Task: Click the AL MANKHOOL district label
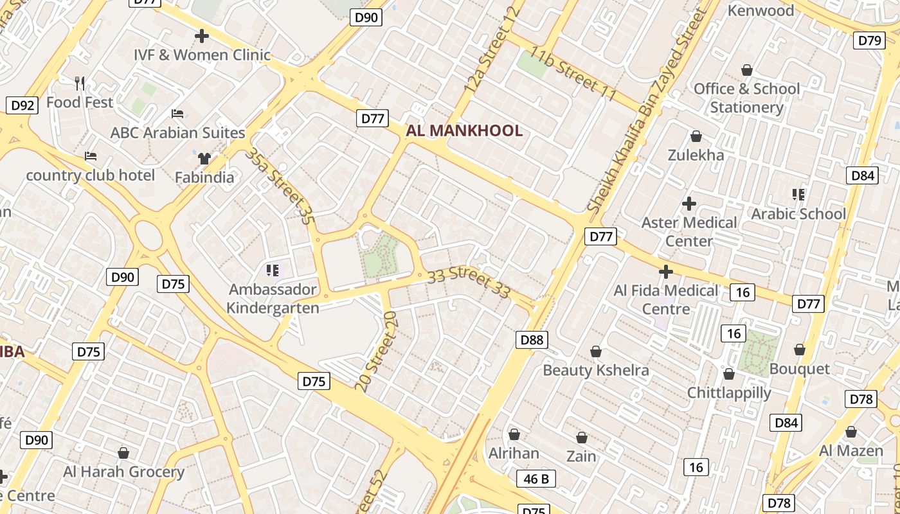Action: pos(464,131)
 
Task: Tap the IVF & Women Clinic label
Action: pos(202,55)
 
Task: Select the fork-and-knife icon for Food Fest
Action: pos(80,84)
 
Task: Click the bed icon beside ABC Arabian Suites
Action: pos(177,114)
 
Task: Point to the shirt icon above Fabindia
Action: pos(204,159)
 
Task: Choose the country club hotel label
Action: pos(90,175)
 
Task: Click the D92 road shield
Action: pos(22,105)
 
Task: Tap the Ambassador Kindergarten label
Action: pos(273,299)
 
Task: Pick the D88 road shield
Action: pos(532,340)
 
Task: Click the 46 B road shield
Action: pos(536,479)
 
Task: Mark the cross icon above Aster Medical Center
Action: pos(689,204)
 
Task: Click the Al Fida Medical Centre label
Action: pos(666,299)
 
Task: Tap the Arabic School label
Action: pos(798,213)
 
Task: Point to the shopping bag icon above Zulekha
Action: pos(696,136)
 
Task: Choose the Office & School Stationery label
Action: pos(747,98)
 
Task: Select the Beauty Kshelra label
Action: pos(596,370)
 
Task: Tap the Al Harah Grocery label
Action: pos(123,472)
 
